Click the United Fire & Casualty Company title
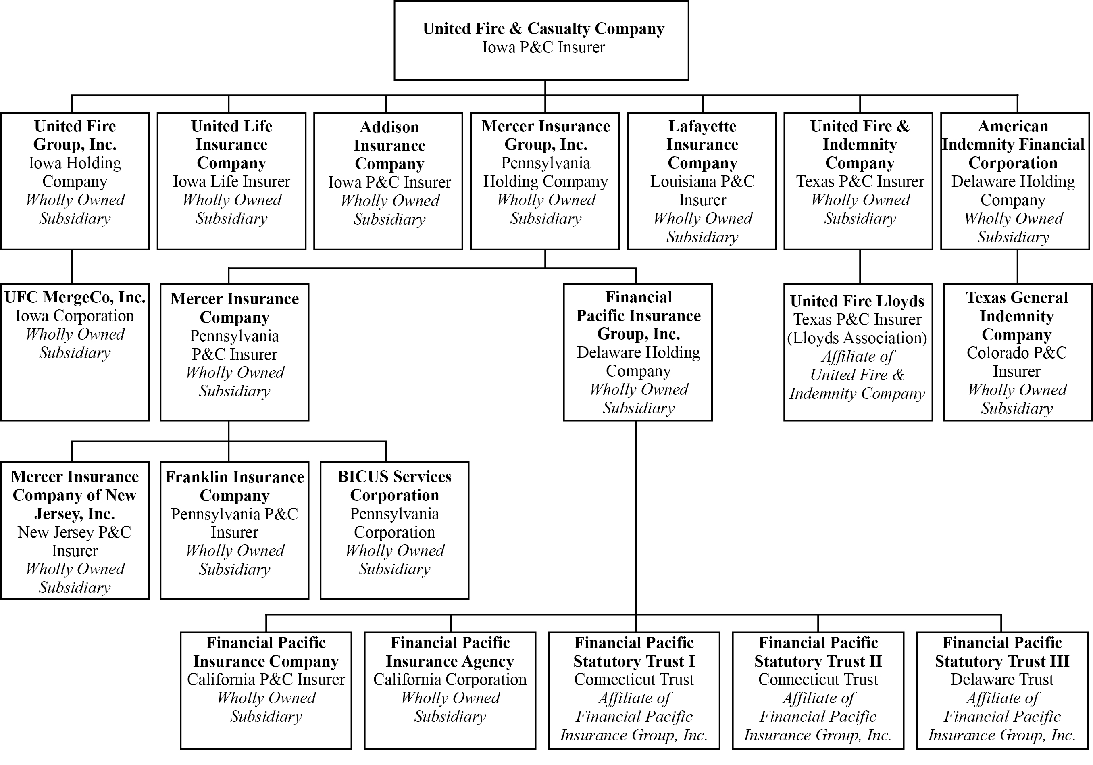coord(543,29)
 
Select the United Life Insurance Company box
coord(231,181)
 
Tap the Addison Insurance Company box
coord(388,181)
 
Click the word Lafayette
coord(702,126)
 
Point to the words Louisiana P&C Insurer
coord(702,190)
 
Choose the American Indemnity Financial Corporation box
coord(1015,181)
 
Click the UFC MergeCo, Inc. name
coord(75,298)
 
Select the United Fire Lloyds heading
coord(858,301)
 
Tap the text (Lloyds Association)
coord(858,338)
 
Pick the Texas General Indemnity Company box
coord(1017,352)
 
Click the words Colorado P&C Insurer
coord(1017,362)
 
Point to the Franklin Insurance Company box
coord(234,530)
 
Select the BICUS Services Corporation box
coord(394,530)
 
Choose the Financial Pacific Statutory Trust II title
coord(818,652)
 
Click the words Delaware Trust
coord(1002,680)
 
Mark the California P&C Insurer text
coord(266,680)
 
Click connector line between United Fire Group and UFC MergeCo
coord(72,267)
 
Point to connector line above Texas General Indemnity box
coord(1017,267)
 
